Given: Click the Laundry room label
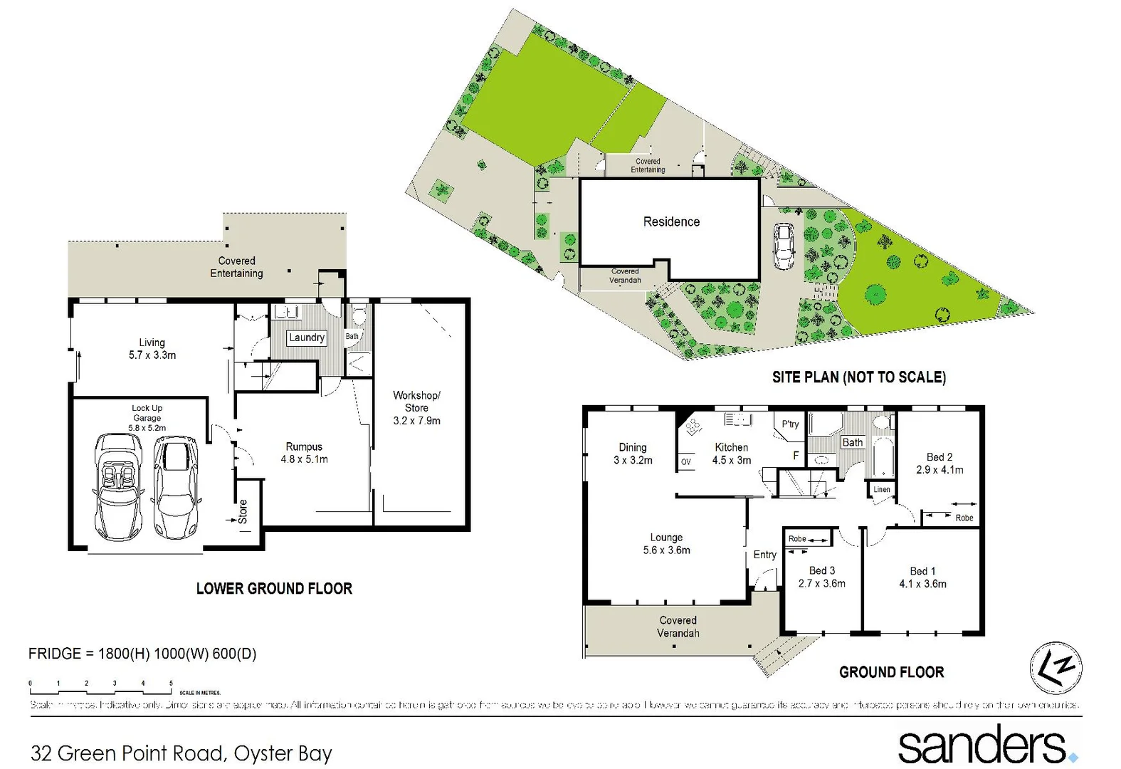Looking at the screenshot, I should click(x=307, y=338).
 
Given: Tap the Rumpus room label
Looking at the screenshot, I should click(x=304, y=447).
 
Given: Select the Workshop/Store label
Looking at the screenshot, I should click(x=416, y=401).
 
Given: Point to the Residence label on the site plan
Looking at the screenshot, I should click(x=671, y=222).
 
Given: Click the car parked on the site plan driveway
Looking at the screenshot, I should click(x=784, y=246).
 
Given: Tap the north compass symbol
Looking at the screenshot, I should click(x=1056, y=668).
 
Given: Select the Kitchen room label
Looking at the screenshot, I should click(x=732, y=447).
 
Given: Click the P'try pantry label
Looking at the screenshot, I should click(x=790, y=424).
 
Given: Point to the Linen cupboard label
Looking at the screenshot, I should click(x=882, y=489).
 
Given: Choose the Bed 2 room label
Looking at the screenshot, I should click(x=940, y=457).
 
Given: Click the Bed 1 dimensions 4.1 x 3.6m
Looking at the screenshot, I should click(x=922, y=584).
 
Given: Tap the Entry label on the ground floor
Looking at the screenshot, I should click(x=765, y=555).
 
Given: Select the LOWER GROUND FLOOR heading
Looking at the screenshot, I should click(x=274, y=589).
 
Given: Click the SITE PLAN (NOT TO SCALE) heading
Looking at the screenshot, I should click(x=859, y=377).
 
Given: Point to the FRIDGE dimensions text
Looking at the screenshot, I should click(x=142, y=654).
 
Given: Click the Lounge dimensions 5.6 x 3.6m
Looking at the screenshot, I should click(x=666, y=550).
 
